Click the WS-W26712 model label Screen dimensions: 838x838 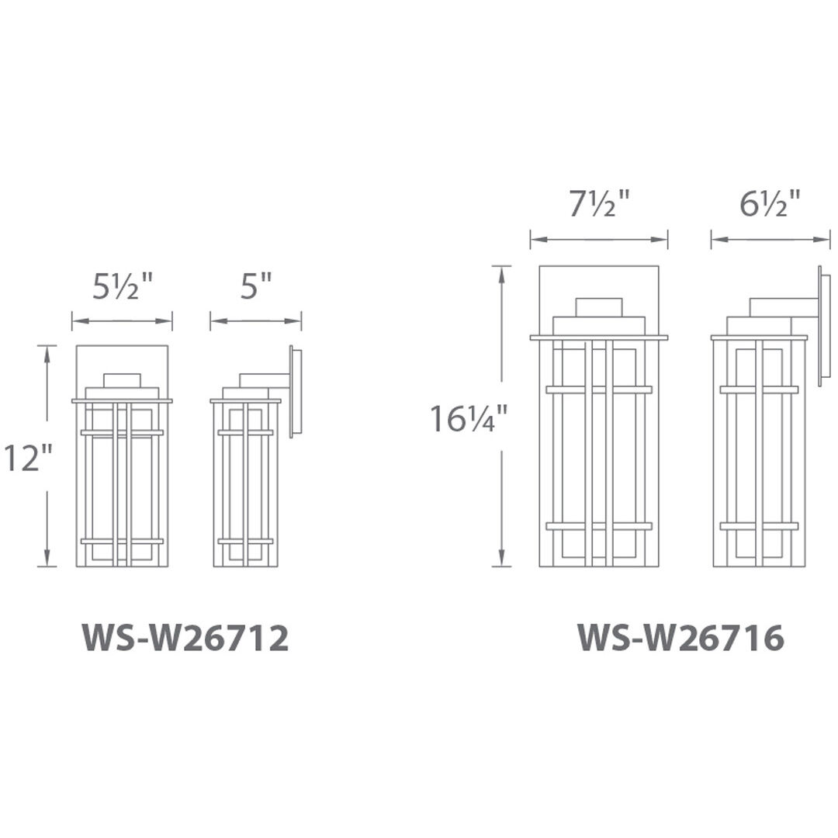(x=185, y=638)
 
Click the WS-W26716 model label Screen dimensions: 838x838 (x=681, y=638)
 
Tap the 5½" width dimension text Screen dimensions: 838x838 (x=123, y=286)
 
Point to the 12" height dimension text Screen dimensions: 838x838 (x=29, y=458)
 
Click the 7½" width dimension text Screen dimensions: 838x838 (x=600, y=204)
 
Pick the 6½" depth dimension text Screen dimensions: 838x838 (x=770, y=204)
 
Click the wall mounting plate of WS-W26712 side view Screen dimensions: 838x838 (x=296, y=392)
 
